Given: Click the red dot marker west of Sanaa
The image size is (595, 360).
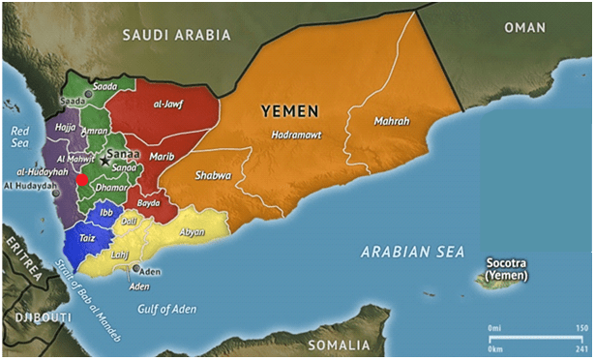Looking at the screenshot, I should click(x=82, y=179).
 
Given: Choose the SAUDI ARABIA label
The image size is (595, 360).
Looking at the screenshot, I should click(x=176, y=35).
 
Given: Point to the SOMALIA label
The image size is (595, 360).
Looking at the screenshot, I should click(x=339, y=345).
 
